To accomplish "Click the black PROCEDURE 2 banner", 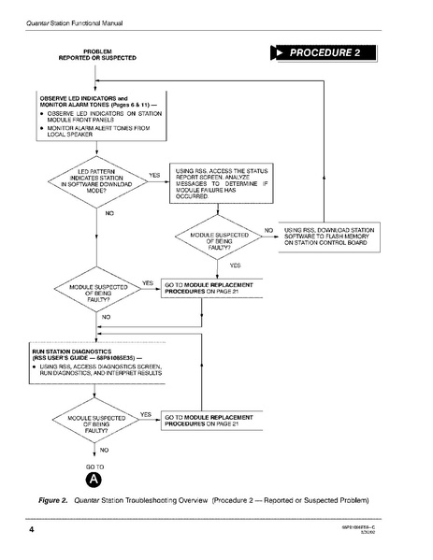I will click(x=329, y=52).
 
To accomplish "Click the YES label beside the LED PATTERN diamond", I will click(x=153, y=175).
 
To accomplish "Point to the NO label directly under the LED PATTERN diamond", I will click(x=109, y=214).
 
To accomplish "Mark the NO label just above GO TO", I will click(x=104, y=450).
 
